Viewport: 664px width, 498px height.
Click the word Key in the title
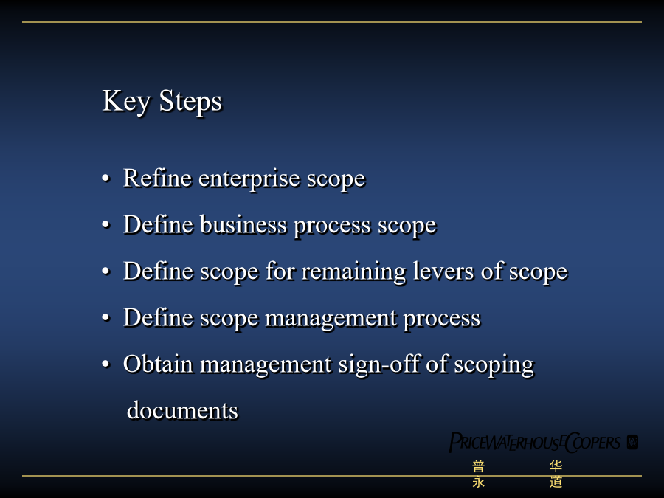point(126,102)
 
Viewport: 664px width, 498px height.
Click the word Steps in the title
point(190,103)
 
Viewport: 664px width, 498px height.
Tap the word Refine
point(157,178)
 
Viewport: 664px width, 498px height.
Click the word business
point(243,224)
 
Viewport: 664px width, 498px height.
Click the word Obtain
point(158,364)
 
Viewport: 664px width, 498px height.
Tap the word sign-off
point(378,365)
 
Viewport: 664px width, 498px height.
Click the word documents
point(182,411)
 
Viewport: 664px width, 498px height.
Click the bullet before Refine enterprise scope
point(106,179)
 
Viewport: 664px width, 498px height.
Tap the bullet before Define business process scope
point(106,225)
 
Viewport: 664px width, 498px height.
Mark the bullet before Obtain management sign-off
point(106,364)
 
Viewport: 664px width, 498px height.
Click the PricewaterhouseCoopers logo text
point(535,443)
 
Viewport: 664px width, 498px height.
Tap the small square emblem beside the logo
point(633,442)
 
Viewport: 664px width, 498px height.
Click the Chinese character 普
point(479,466)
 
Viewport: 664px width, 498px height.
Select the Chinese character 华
point(556,466)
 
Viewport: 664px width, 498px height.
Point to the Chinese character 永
point(479,482)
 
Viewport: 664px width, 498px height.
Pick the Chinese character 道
point(556,482)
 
